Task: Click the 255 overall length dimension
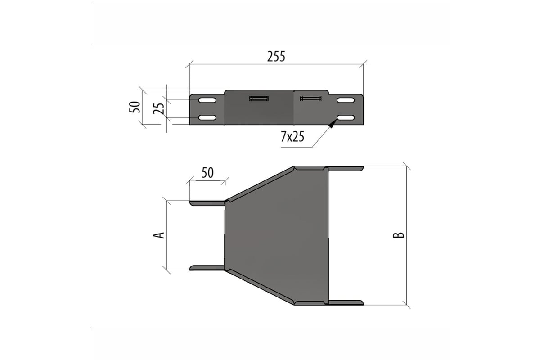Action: (x=276, y=56)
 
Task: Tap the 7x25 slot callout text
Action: (x=292, y=137)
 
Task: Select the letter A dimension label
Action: (x=159, y=235)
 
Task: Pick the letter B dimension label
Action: (x=399, y=235)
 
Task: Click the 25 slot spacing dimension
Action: (x=159, y=108)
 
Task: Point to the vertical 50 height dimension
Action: (x=135, y=107)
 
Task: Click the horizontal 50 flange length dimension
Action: (x=207, y=173)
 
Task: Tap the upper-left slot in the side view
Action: (x=207, y=100)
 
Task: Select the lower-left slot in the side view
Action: (x=207, y=117)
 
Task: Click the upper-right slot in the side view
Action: (x=346, y=100)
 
